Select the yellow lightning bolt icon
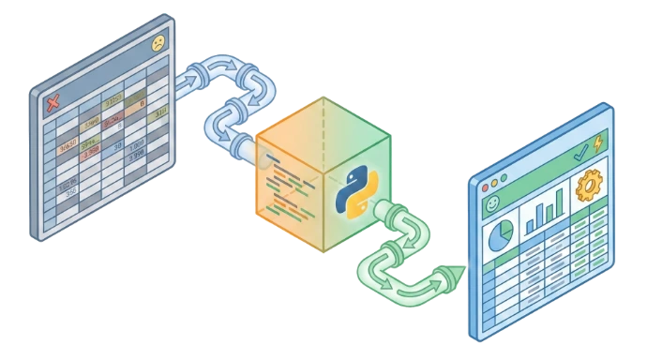(x=598, y=142)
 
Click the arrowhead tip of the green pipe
(x=457, y=272)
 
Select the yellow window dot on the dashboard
(x=490, y=175)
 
